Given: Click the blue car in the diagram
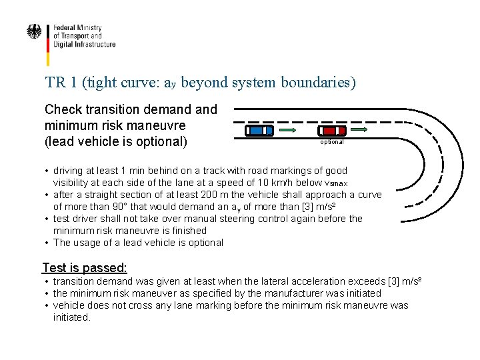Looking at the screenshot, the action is tap(259, 130).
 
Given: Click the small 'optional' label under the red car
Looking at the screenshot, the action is tap(332, 142).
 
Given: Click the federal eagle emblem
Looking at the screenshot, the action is tap(33, 32).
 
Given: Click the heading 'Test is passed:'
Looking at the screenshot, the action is tap(84, 268).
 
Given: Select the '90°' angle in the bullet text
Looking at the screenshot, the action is tap(109, 207).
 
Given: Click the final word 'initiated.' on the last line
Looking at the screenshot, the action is tap(72, 317).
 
